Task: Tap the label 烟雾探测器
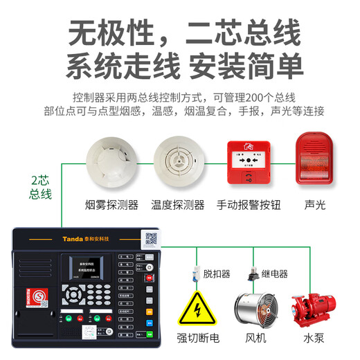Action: pos(111,204)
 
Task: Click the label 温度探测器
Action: pos(178,204)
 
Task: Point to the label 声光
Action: pos(315,204)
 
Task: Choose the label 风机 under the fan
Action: pos(255,339)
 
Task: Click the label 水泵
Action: pos(314,339)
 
